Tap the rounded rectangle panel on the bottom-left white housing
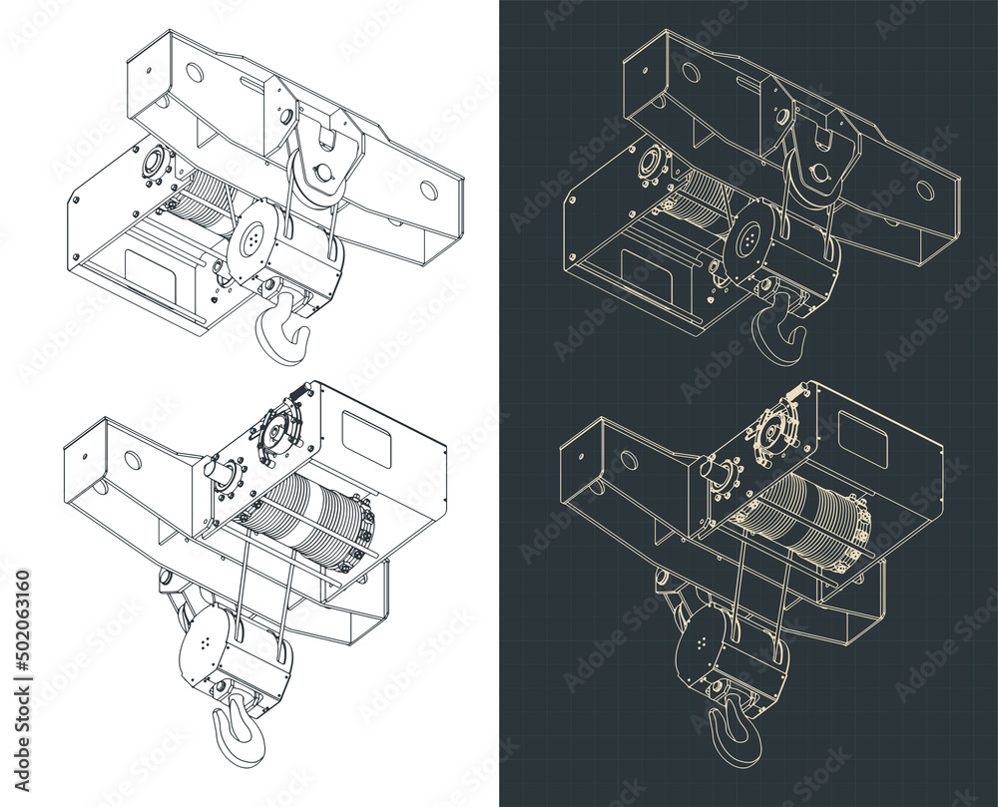pos(367,432)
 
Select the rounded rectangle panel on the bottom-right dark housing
pos(863,432)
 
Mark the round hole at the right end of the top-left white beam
pos(428,190)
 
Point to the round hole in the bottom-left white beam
pos(135,460)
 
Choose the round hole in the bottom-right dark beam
pos(631,460)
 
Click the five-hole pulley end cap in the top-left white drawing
pos(252,237)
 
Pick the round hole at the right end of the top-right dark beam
pos(925,190)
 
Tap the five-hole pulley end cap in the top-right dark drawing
pos(749,237)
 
